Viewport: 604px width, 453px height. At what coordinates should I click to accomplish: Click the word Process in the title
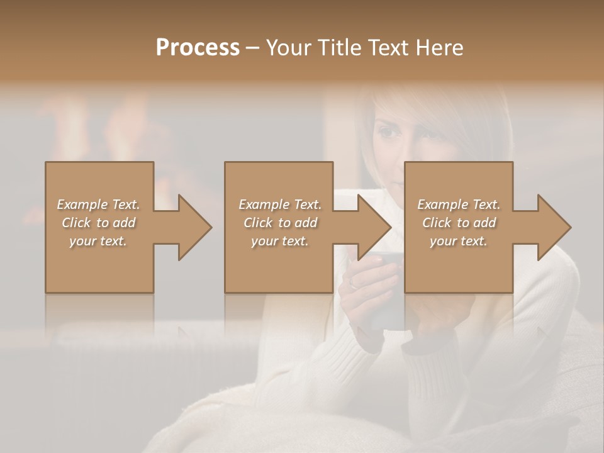(x=198, y=48)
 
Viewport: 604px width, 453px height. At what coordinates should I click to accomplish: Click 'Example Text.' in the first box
(x=98, y=204)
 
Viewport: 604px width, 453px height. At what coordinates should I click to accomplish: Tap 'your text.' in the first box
(x=98, y=241)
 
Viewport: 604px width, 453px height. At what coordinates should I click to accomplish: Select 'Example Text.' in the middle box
(x=280, y=204)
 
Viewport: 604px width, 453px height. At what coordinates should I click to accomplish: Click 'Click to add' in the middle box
(x=280, y=223)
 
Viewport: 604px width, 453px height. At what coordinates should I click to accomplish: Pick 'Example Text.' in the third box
(x=459, y=204)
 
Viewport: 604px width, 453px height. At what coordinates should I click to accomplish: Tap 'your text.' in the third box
(x=459, y=241)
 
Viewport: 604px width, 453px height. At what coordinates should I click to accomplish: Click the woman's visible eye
(x=386, y=133)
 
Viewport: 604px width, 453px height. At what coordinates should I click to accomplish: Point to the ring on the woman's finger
(x=354, y=284)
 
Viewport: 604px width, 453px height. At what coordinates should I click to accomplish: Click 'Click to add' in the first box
(x=98, y=223)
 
